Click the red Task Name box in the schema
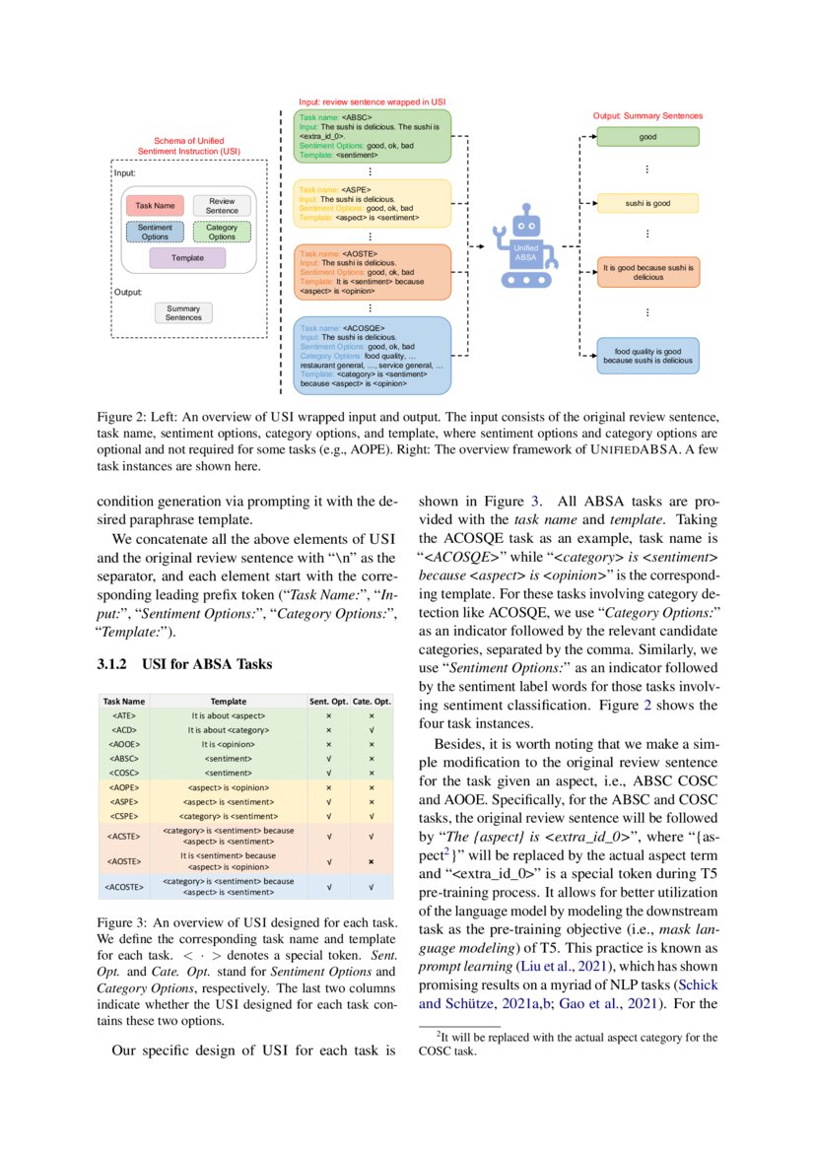(155, 206)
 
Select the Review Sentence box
(222, 206)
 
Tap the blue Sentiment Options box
(155, 233)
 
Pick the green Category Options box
(222, 233)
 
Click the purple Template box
(187, 258)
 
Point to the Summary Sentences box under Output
(183, 313)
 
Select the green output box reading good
(647, 137)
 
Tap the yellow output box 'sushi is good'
(647, 203)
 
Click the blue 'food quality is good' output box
(647, 356)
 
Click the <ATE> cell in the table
(125, 715)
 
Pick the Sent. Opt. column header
(327, 702)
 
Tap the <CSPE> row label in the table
(125, 816)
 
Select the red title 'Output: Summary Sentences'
(647, 115)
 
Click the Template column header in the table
(229, 702)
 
